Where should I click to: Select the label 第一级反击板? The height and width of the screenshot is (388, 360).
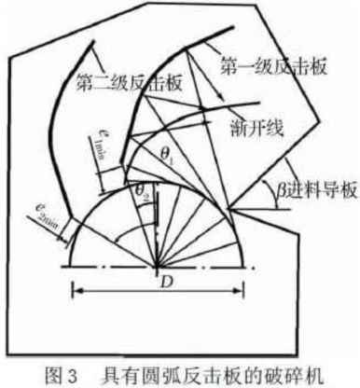tap(263, 69)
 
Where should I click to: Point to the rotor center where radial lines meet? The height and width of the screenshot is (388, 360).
tap(156, 265)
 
